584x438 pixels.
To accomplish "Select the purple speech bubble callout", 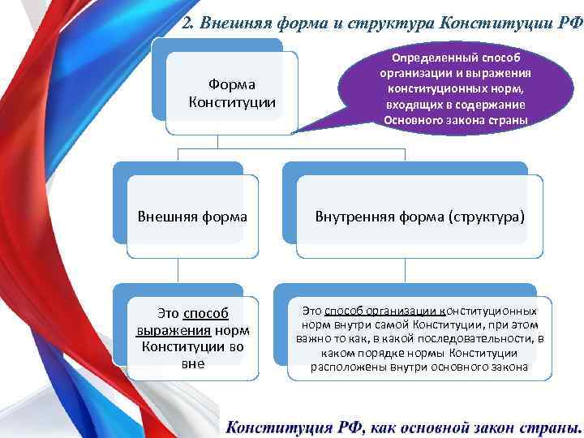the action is tap(454, 85).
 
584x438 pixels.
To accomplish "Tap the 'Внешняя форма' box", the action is tap(192, 217).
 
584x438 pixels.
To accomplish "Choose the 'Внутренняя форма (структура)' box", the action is tap(419, 217).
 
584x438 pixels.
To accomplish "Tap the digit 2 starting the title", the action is tap(187, 22).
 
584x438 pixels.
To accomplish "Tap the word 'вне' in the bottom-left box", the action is tap(192, 363).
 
